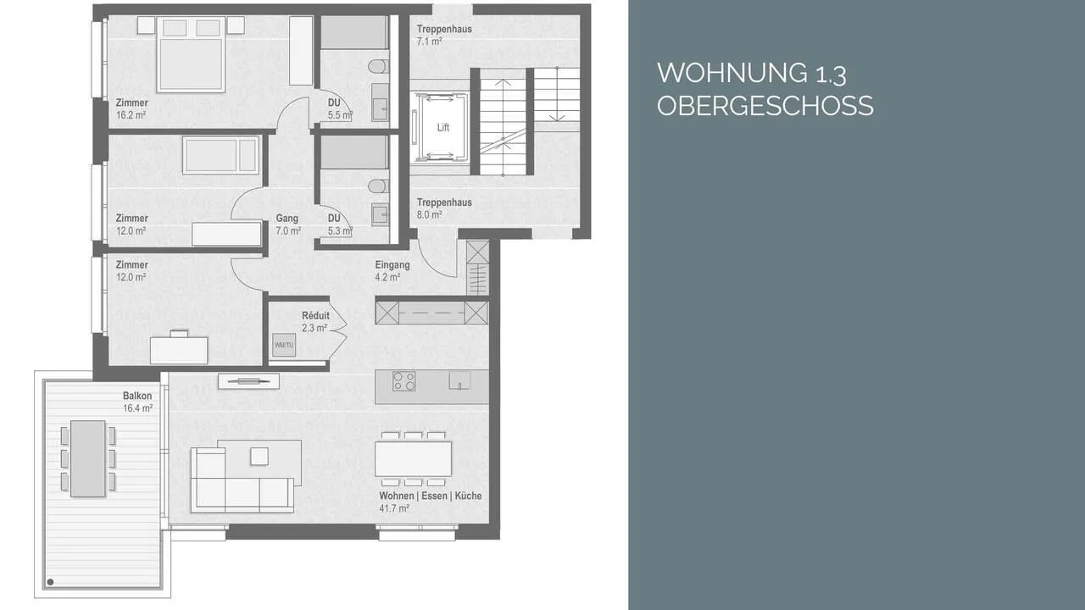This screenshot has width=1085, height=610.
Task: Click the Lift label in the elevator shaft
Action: coord(442,127)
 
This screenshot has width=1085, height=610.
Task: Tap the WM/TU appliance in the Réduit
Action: coord(284,345)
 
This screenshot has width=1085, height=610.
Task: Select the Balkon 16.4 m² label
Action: coord(137,402)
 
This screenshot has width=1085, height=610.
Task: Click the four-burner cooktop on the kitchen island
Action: coord(404,381)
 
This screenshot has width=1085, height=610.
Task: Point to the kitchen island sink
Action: coord(459,380)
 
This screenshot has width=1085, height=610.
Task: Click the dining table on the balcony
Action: coord(87,458)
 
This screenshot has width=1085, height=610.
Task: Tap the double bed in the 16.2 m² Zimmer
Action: coord(191,54)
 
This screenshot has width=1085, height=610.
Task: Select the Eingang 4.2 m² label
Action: coord(392,271)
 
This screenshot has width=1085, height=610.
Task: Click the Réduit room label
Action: coord(315,315)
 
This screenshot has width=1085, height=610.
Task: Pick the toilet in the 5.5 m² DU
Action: coord(378,66)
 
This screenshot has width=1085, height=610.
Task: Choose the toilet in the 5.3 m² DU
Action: coord(378,186)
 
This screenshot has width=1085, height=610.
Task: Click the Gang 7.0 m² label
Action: coord(288,225)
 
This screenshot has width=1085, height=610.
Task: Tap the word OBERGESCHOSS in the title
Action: coord(765,106)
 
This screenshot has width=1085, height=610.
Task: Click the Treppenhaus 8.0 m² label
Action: coord(444,208)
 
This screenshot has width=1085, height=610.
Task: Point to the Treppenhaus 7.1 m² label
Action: coord(444,36)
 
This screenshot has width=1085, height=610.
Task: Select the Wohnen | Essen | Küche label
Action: coord(430,496)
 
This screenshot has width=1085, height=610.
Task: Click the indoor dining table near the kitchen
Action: coord(413,458)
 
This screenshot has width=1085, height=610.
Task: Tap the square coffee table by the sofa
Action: coord(259,457)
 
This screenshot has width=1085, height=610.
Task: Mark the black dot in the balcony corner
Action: coord(50,582)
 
